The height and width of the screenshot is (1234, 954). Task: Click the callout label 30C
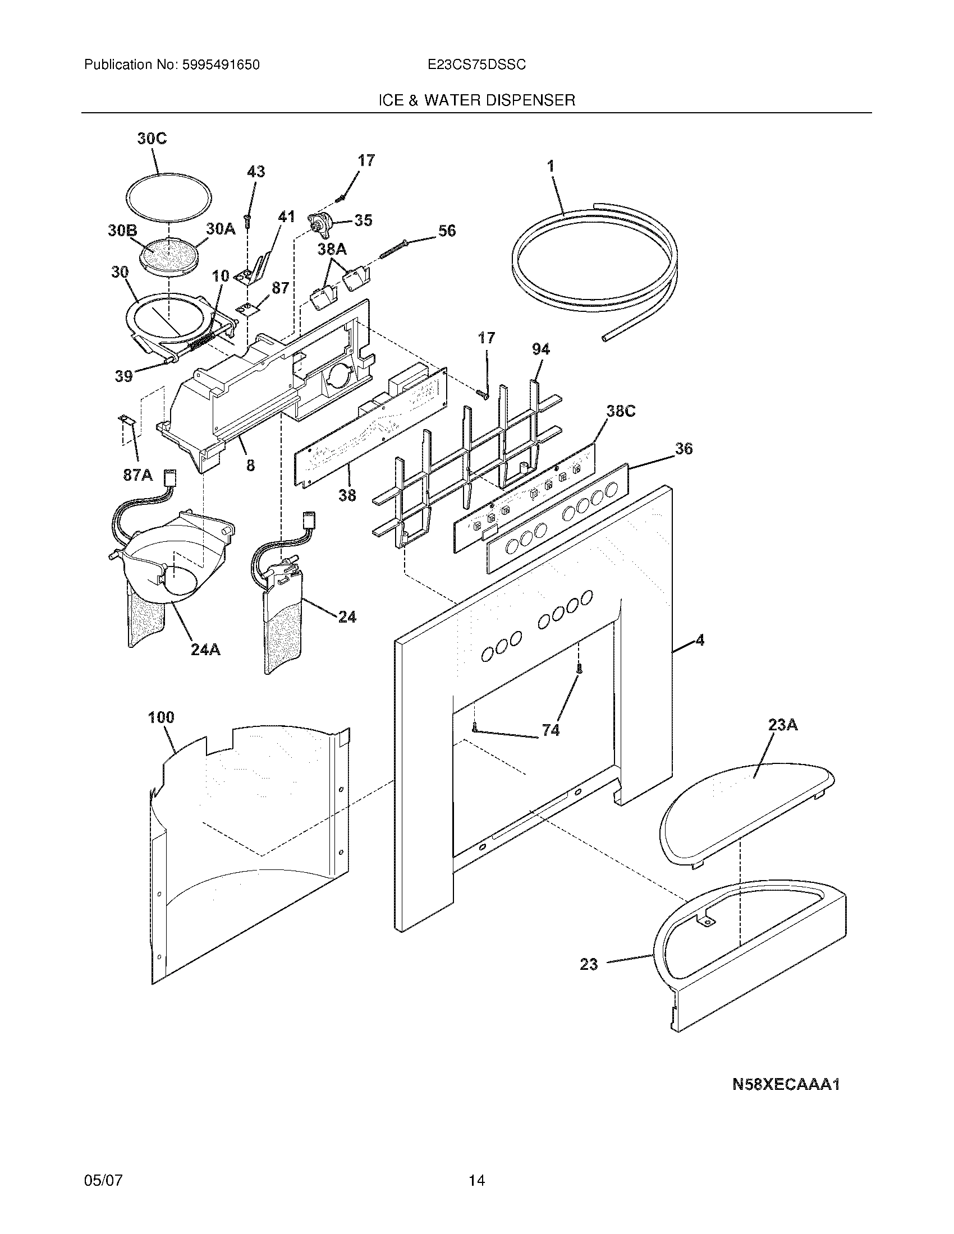pyautogui.click(x=152, y=139)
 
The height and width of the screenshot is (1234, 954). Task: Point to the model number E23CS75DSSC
pyautogui.click(x=476, y=65)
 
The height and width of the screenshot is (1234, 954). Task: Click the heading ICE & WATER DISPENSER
pyautogui.click(x=476, y=100)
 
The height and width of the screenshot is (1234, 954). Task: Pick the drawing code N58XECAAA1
pyautogui.click(x=786, y=1084)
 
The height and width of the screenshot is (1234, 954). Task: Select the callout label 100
pyautogui.click(x=161, y=717)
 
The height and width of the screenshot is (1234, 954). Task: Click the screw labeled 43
pyautogui.click(x=247, y=221)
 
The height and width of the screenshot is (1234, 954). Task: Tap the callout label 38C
pyautogui.click(x=621, y=411)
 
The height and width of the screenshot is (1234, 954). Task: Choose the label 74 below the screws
pyautogui.click(x=551, y=730)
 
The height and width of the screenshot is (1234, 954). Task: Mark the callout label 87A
pyautogui.click(x=138, y=475)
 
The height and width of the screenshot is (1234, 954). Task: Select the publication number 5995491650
pyautogui.click(x=221, y=65)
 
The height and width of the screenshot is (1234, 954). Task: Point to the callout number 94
pyautogui.click(x=540, y=350)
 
